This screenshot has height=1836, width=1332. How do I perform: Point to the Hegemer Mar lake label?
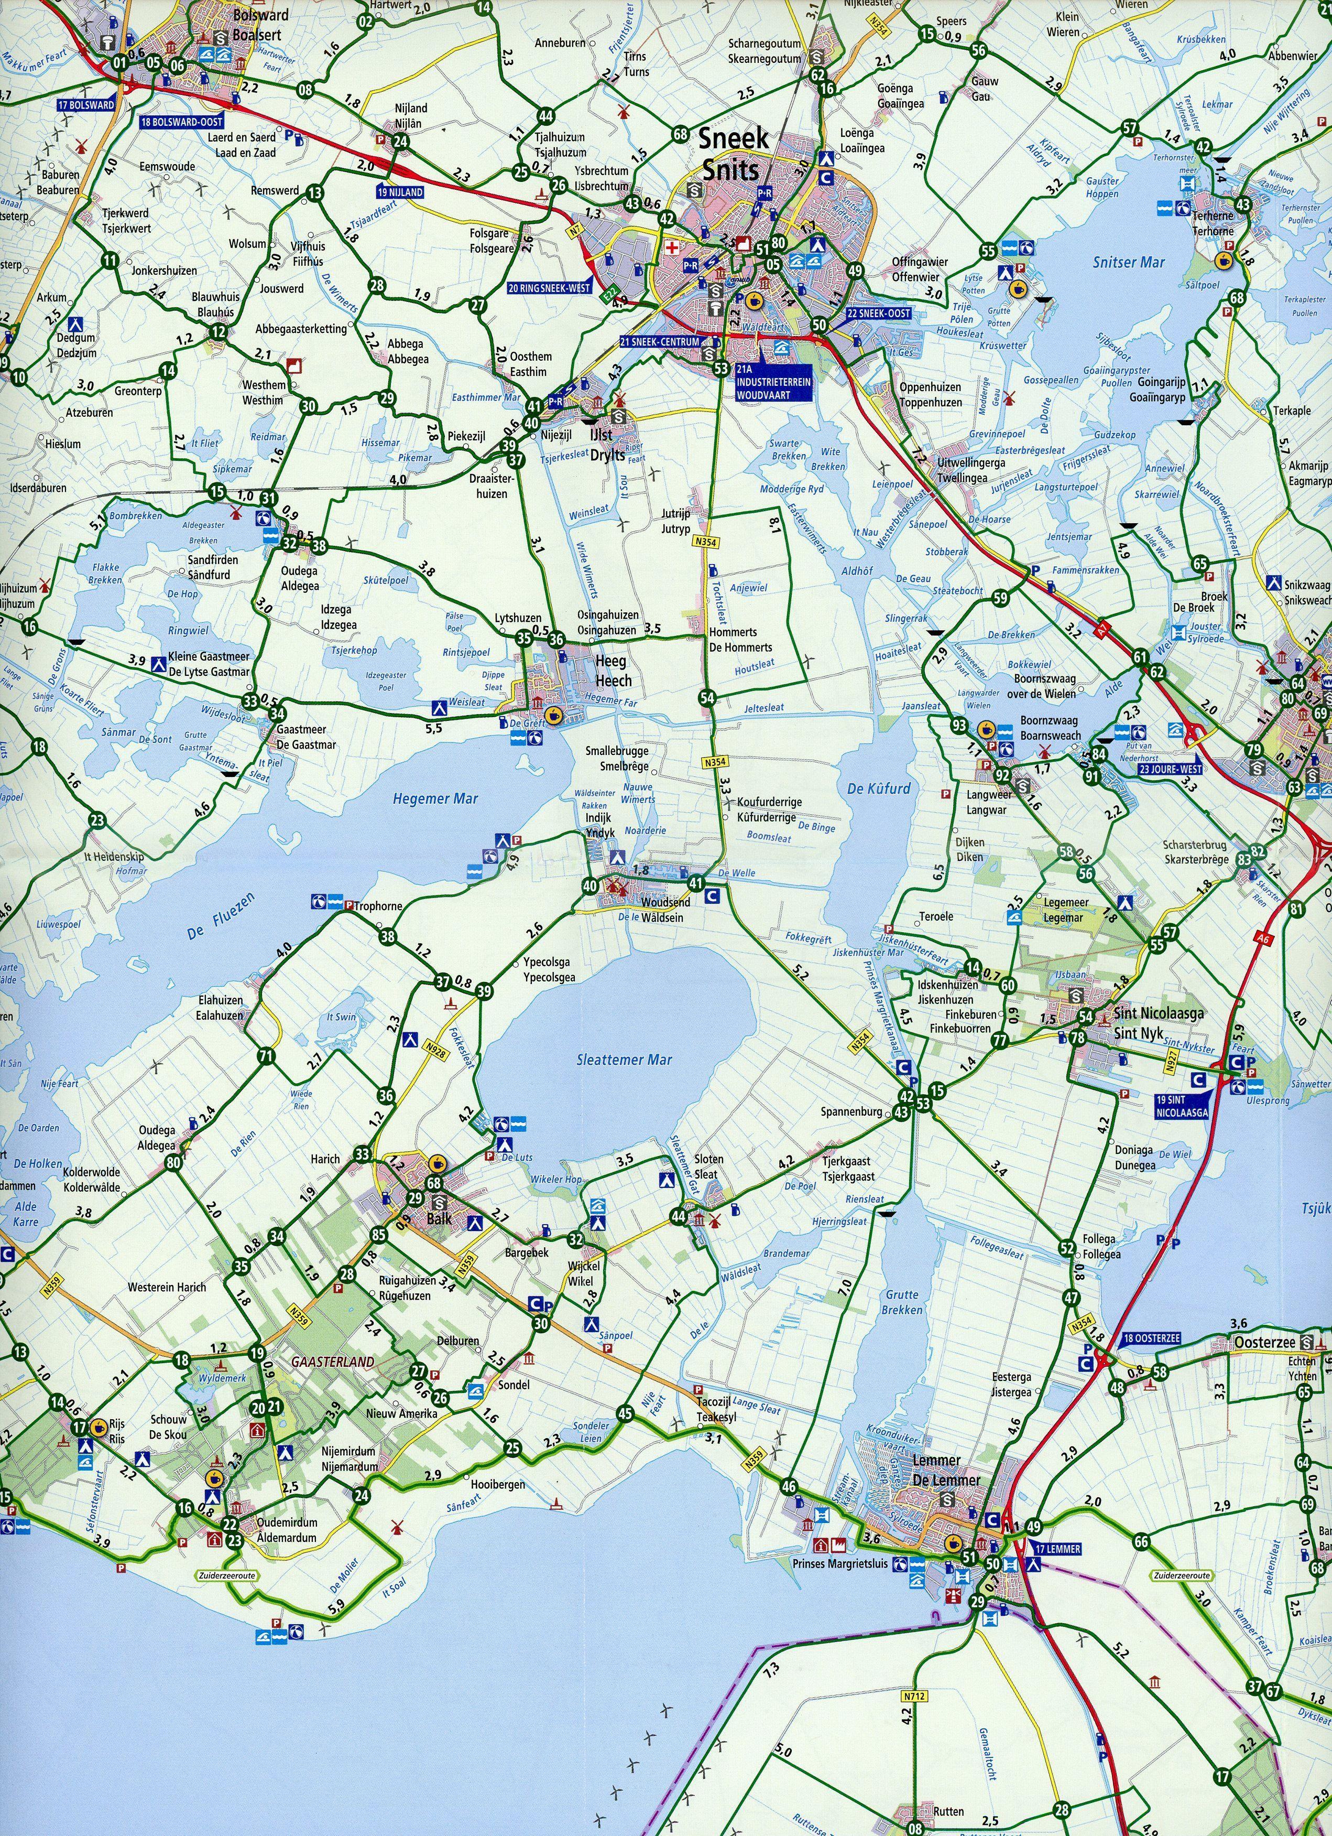435,799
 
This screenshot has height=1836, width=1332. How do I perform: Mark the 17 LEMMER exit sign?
1057,1549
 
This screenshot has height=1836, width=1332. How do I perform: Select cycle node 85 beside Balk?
379,1235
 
